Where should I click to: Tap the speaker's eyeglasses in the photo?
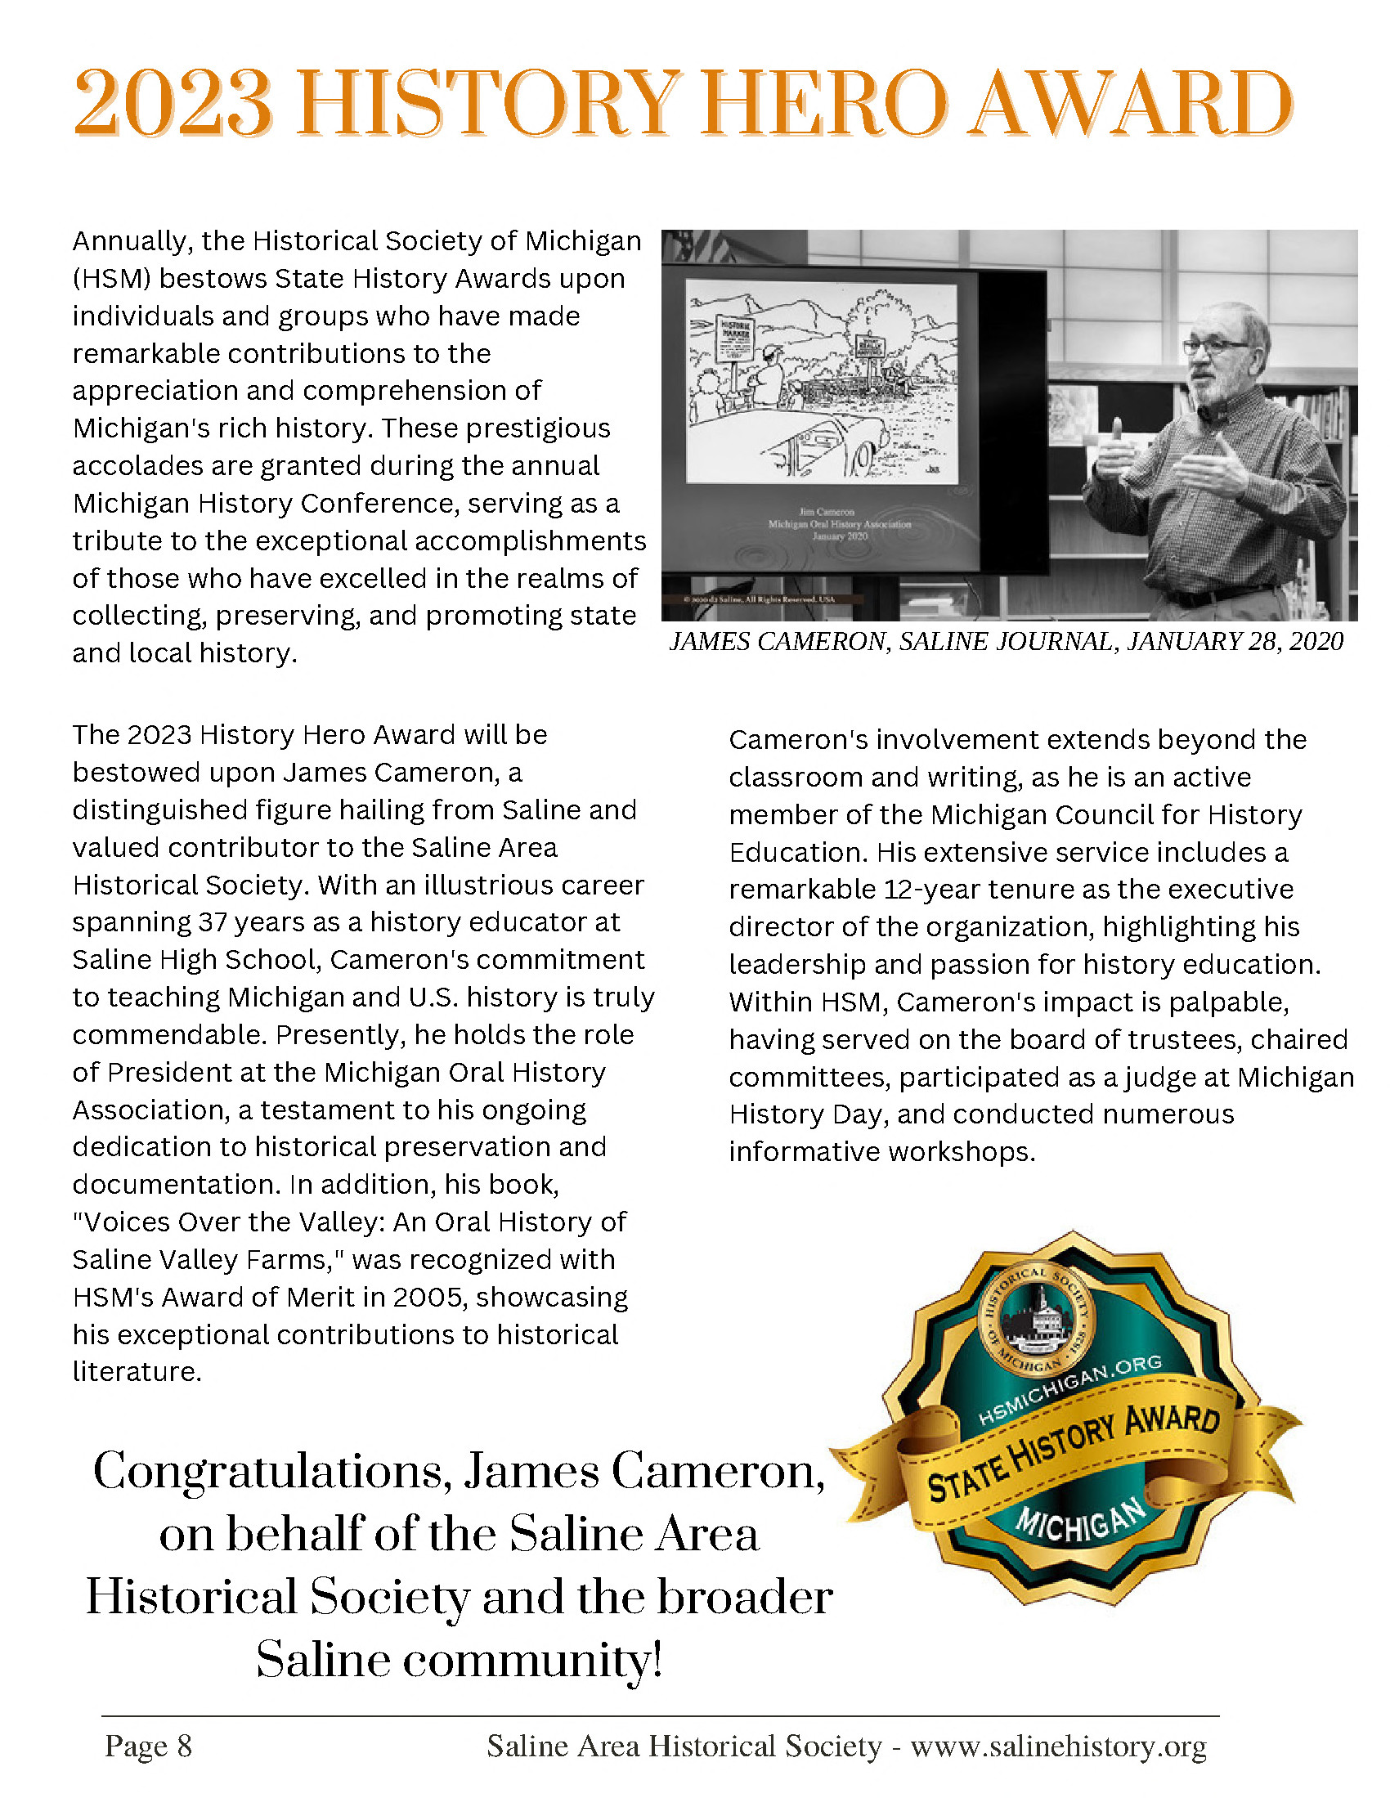1214,347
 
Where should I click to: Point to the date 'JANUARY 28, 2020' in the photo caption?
1235,641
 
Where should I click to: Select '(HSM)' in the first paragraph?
111,279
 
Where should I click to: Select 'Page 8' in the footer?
148,1746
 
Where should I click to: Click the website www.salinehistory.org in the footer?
1058,1746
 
